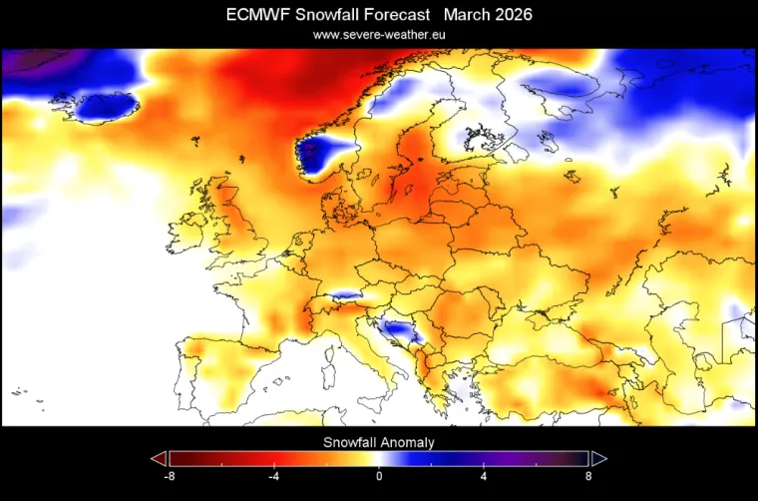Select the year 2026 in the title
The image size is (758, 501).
click(x=510, y=15)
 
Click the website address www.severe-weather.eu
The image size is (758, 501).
click(x=378, y=34)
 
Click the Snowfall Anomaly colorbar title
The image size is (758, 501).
click(x=378, y=441)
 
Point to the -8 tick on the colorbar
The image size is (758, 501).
click(x=171, y=476)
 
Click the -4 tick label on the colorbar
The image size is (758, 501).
click(x=273, y=476)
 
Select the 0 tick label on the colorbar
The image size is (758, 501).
click(x=379, y=476)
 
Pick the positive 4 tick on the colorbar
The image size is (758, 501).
click(x=483, y=476)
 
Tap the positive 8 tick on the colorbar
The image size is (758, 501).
click(x=586, y=476)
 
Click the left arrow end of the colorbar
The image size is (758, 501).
click(x=158, y=458)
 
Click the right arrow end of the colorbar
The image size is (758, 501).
click(x=599, y=458)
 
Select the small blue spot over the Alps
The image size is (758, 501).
click(x=345, y=295)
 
